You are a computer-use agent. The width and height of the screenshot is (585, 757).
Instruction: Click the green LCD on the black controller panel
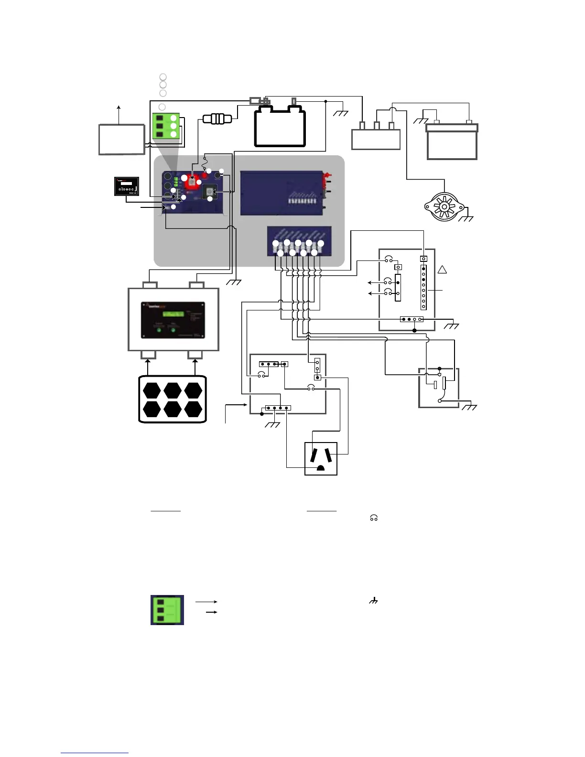point(173,314)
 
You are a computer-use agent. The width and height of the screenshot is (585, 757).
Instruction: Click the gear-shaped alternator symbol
point(444,207)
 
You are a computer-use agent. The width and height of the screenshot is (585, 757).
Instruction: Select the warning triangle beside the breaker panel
point(442,270)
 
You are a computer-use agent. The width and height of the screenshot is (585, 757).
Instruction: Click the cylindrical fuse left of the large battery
point(217,118)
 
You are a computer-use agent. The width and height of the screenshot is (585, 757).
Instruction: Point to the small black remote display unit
point(127,186)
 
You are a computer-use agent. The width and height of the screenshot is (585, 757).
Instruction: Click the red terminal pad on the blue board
point(192,181)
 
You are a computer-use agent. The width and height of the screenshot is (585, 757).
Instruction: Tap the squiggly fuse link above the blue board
point(204,163)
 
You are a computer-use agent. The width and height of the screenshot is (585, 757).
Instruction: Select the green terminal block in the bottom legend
point(167,610)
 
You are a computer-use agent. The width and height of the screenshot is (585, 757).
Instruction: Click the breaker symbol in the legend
point(374,518)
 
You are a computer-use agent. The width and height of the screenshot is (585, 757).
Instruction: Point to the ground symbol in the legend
point(373,601)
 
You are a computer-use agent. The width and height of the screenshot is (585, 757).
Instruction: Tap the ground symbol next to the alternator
point(466,218)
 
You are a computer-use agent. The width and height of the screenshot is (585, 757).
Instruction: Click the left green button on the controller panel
point(159,330)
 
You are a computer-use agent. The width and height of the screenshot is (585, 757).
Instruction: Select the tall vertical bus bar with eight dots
point(423,287)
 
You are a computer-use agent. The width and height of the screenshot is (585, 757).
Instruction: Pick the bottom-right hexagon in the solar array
point(193,409)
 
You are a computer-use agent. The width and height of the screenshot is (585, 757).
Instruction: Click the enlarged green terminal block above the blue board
point(166,126)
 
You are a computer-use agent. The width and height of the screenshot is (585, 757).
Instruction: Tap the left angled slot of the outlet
point(313,454)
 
